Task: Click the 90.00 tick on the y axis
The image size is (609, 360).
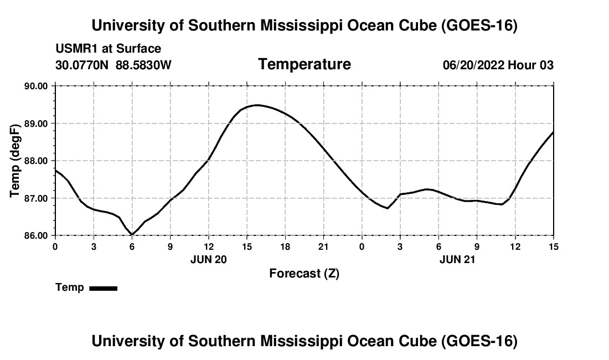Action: pos(36,86)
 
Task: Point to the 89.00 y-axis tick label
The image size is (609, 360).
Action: pos(36,124)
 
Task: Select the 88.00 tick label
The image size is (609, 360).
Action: pos(36,161)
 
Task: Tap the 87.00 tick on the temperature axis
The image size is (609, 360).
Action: pos(36,198)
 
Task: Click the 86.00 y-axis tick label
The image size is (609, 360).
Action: pos(36,236)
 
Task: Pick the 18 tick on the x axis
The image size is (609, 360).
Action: pos(285,246)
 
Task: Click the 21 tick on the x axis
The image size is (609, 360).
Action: pos(323,246)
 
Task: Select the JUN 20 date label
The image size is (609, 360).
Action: pos(209,260)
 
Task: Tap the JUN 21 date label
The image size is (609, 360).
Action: pos(457,260)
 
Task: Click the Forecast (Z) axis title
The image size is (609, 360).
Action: pos(304,274)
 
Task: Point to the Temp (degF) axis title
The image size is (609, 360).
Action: pos(15,161)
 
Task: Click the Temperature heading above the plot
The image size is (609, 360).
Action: pos(304,64)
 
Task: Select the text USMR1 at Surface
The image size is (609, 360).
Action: pos(109,49)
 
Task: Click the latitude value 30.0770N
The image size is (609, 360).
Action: pos(82,65)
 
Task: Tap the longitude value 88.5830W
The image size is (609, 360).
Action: pos(143,65)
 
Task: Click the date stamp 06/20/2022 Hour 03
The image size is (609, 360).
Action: pos(498,65)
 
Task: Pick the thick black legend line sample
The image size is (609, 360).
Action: pos(104,288)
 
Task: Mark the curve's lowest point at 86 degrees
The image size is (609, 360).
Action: pos(132,234)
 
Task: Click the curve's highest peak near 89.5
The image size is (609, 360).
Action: pos(256,105)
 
